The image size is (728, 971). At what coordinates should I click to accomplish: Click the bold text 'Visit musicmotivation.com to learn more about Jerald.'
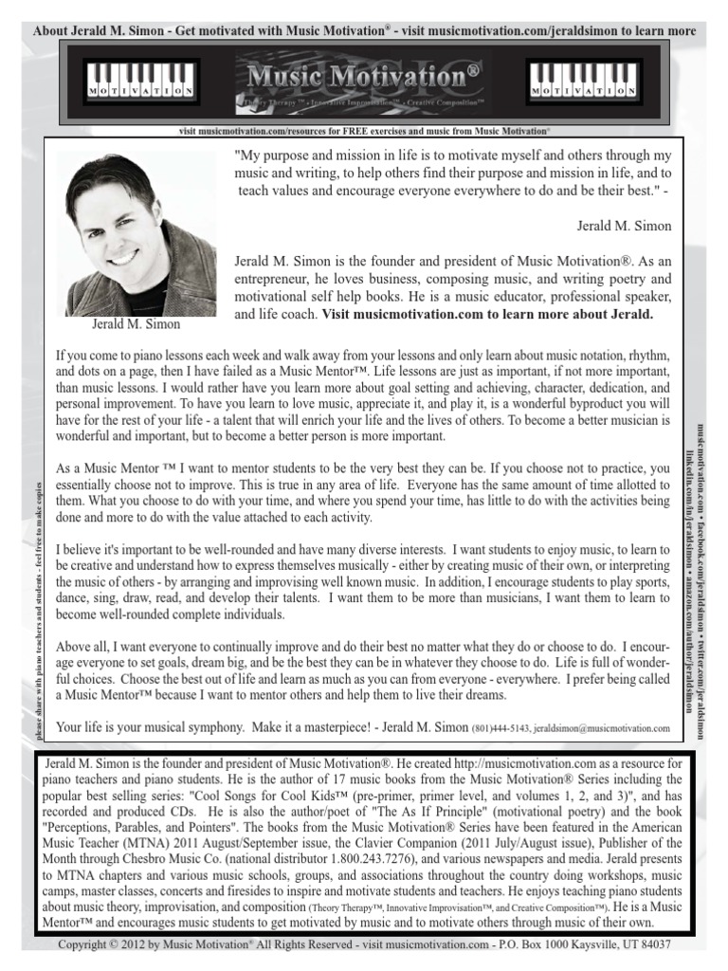[x=487, y=314]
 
